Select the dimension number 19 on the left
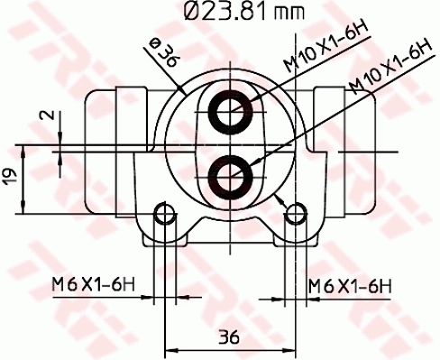point(11,177)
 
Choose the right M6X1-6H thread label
point(350,287)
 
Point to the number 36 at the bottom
point(229,337)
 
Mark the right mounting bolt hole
point(295,214)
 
